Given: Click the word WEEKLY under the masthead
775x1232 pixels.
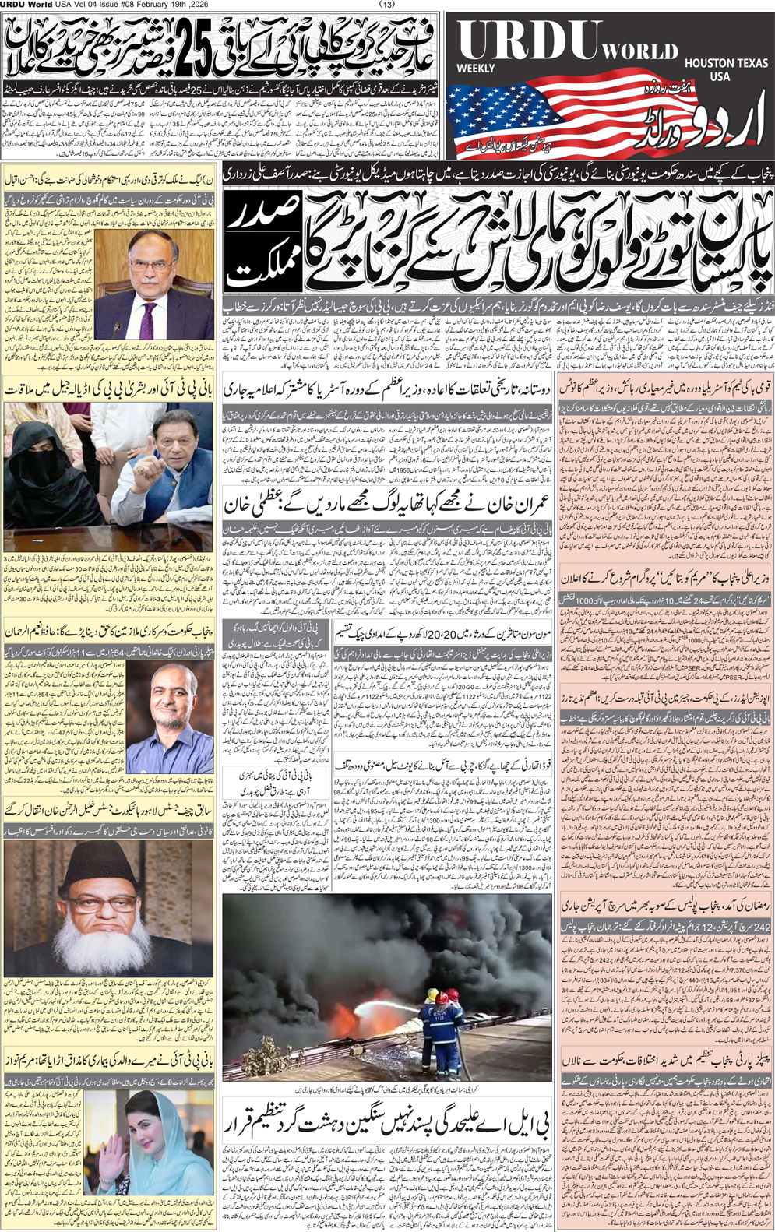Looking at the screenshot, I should click(475, 69).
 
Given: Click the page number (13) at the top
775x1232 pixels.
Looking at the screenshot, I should click(387, 5).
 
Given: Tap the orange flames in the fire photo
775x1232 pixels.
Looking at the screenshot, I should click(343, 1020).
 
